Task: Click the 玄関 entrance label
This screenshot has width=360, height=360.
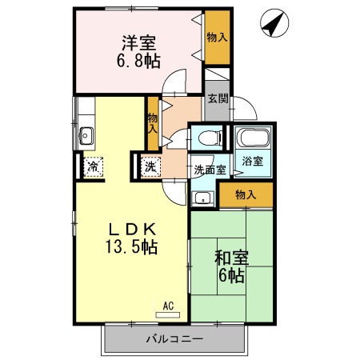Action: (218, 99)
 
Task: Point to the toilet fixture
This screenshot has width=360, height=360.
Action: (207, 136)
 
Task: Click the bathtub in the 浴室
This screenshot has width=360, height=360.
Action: (252, 136)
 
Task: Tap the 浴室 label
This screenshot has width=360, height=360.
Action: (252, 161)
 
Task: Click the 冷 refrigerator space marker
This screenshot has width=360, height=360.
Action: (93, 168)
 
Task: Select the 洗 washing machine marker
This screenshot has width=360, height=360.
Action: (150, 168)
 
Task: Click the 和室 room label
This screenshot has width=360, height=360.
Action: (231, 258)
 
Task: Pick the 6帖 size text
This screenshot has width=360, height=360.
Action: (233, 276)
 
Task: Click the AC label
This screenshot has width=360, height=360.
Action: (168, 305)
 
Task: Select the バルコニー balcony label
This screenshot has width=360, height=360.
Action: (174, 338)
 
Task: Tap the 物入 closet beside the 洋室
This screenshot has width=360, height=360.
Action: (216, 37)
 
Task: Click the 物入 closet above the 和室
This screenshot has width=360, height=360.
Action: (245, 194)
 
